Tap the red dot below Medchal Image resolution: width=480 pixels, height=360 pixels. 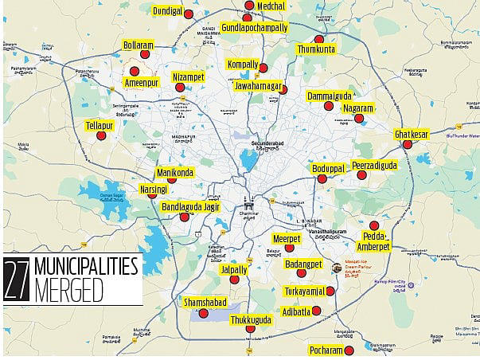coord(248,17)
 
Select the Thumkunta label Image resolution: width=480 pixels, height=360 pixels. coord(317,49)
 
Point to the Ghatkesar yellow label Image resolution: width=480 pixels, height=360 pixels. coord(412,135)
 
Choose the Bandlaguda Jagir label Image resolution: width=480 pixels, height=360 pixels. coord(190,206)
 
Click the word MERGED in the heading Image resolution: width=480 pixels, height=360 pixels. coord(68,292)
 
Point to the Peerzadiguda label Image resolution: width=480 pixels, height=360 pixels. coord(374,165)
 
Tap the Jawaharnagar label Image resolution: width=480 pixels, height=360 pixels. coord(259,84)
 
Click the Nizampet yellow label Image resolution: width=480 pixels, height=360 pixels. coord(189,76)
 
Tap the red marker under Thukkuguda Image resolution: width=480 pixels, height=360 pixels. coord(250,328)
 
